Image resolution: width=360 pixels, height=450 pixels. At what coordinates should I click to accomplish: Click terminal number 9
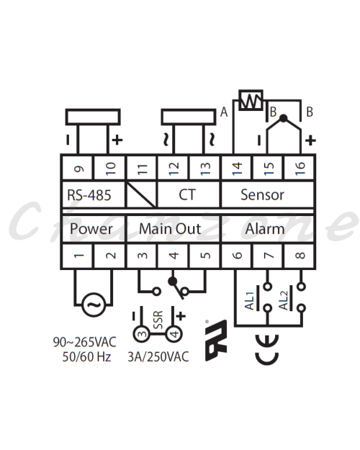(78, 168)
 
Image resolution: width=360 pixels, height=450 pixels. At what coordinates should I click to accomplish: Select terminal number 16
(300, 168)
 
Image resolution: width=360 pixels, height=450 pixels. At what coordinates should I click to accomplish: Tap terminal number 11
(142, 168)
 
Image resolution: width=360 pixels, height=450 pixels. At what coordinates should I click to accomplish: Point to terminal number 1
(78, 256)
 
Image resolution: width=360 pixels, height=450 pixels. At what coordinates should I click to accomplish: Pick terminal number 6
(237, 256)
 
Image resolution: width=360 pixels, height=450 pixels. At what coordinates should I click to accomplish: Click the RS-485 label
(89, 195)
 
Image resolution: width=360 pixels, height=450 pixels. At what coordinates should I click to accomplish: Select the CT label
(187, 194)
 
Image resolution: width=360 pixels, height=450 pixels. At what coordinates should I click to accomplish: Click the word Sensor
(262, 194)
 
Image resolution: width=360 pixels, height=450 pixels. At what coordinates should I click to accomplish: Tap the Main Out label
(170, 229)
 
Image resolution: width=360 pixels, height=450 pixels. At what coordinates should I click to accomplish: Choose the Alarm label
(265, 229)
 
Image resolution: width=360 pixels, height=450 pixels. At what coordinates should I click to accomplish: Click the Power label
(91, 229)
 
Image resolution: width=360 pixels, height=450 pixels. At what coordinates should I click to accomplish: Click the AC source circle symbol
(94, 305)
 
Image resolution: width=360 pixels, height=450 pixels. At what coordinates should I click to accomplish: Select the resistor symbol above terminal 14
(251, 100)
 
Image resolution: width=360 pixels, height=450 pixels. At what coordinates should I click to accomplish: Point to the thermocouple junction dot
(284, 118)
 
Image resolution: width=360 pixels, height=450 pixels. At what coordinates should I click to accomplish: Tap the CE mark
(266, 349)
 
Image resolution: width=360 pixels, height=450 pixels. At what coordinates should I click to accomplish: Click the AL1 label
(249, 301)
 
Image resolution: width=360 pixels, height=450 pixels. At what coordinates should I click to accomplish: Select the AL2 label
(283, 301)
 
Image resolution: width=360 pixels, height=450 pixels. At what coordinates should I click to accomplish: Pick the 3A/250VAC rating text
(158, 356)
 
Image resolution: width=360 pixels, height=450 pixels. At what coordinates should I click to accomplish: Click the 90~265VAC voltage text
(85, 342)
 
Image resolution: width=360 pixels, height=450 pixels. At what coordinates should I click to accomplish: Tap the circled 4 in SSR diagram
(174, 334)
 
